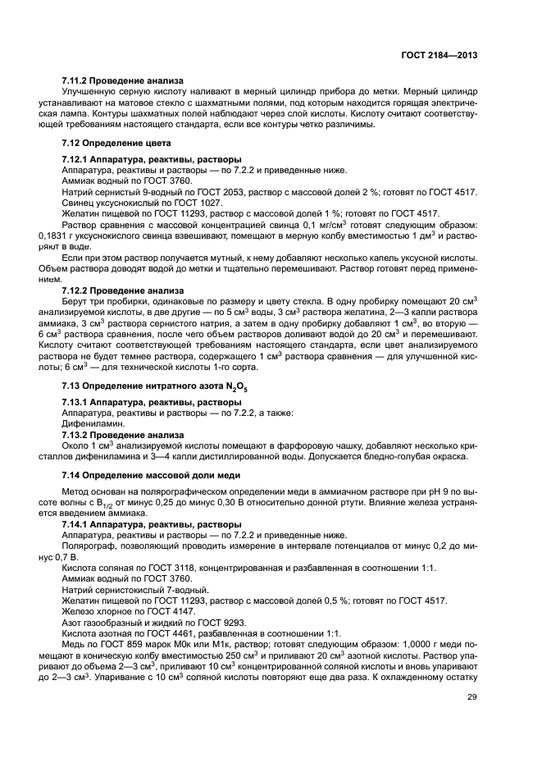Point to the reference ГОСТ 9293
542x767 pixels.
point(209,621)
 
